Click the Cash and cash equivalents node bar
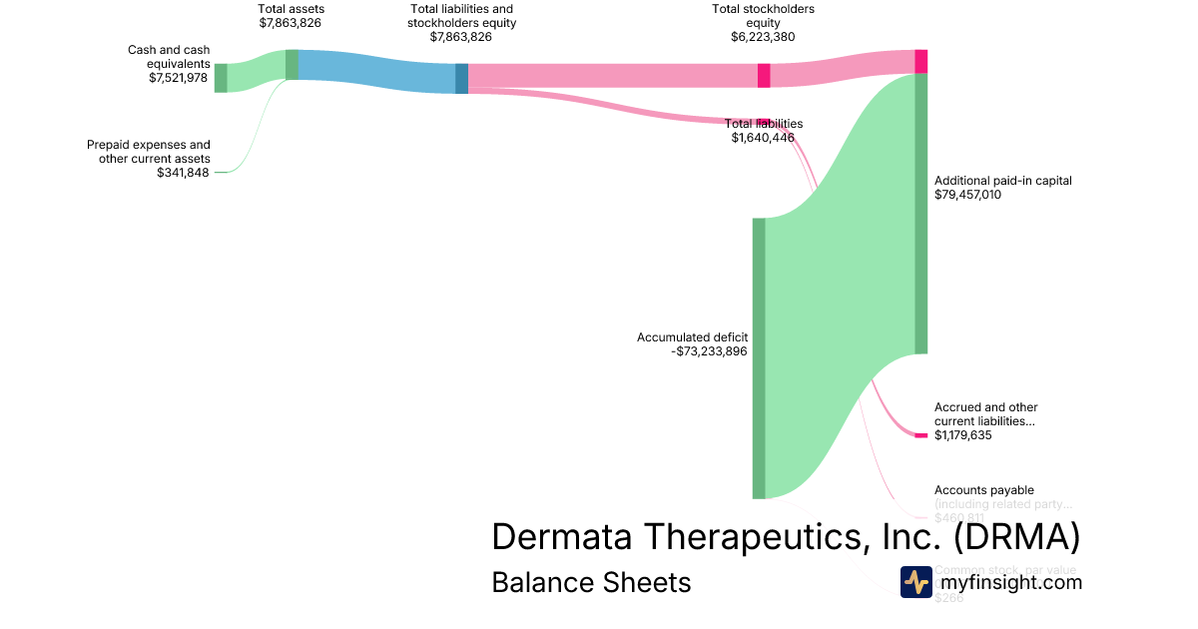[x=221, y=77]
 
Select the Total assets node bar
[x=292, y=64]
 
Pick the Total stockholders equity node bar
[x=764, y=75]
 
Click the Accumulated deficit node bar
[x=759, y=357]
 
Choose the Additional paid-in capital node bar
[x=920, y=213]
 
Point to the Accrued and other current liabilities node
[x=920, y=435]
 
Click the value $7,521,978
[x=180, y=77]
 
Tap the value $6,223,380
[x=763, y=37]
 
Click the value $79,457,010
[x=967, y=195]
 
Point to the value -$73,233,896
[x=709, y=351]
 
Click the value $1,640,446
[x=763, y=138]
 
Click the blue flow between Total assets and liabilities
[x=376, y=72]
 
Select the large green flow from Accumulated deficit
[x=839, y=300]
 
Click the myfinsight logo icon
[x=915, y=582]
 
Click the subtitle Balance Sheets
[x=591, y=582]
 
